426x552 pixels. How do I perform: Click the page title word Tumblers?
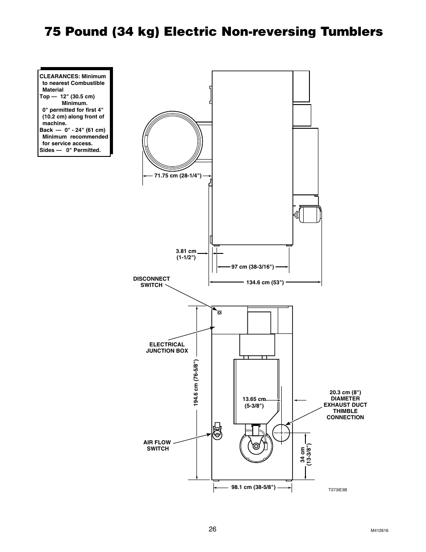click(344, 32)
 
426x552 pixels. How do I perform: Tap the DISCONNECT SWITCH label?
click(151, 282)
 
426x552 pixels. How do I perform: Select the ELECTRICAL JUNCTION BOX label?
click(167, 347)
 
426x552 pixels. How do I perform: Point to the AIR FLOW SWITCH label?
click(157, 445)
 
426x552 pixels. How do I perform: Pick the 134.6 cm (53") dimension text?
click(265, 282)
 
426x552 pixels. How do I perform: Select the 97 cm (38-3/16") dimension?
click(252, 267)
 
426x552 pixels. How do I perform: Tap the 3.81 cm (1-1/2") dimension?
click(186, 254)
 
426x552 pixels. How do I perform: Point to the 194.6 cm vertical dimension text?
click(196, 383)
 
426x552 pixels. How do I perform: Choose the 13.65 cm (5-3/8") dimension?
click(254, 402)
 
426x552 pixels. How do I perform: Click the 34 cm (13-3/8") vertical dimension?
click(305, 455)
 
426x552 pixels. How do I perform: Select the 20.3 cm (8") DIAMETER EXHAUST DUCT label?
click(345, 405)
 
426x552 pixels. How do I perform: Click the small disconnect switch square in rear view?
click(219, 312)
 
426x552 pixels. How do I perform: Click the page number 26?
click(212, 529)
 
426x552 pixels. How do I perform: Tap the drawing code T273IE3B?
click(338, 490)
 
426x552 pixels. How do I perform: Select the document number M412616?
click(380, 531)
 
